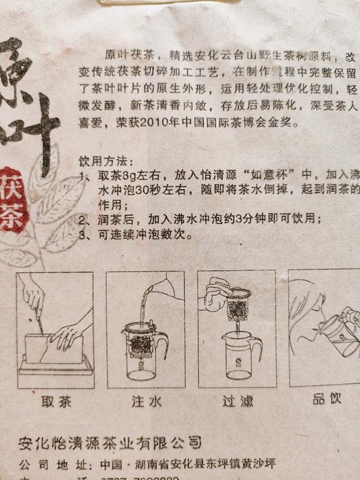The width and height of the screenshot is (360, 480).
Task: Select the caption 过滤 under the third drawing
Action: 237,400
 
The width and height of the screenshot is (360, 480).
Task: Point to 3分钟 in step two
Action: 247,219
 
